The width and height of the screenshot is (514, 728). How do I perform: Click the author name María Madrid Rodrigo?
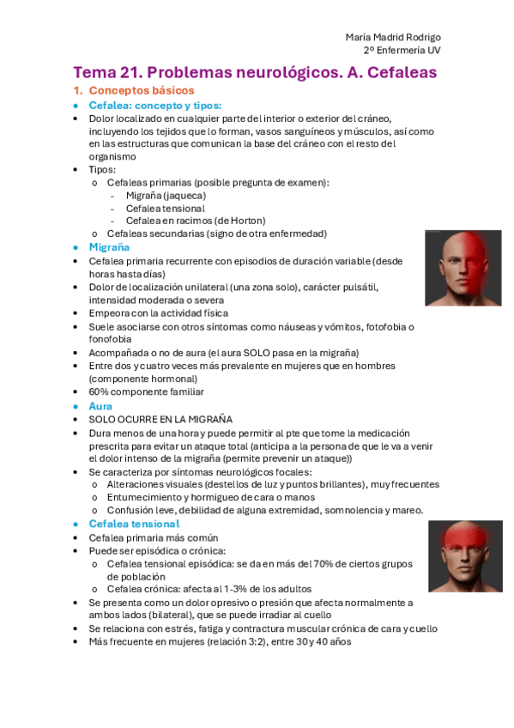pos(393,37)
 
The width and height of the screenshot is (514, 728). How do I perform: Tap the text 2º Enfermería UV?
pos(405,50)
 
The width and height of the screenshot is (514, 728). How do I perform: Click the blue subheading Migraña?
pos(110,247)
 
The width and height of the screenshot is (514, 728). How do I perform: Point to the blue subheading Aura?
pos(101,405)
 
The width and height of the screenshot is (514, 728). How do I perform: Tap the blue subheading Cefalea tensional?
pos(135,524)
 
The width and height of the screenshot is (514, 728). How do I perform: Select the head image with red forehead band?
pos(464,555)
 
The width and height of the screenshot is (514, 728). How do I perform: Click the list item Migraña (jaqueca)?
pos(166,195)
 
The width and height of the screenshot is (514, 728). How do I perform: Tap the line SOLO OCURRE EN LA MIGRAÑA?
pos(160,420)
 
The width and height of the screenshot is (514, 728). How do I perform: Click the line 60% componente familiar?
pos(146,392)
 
